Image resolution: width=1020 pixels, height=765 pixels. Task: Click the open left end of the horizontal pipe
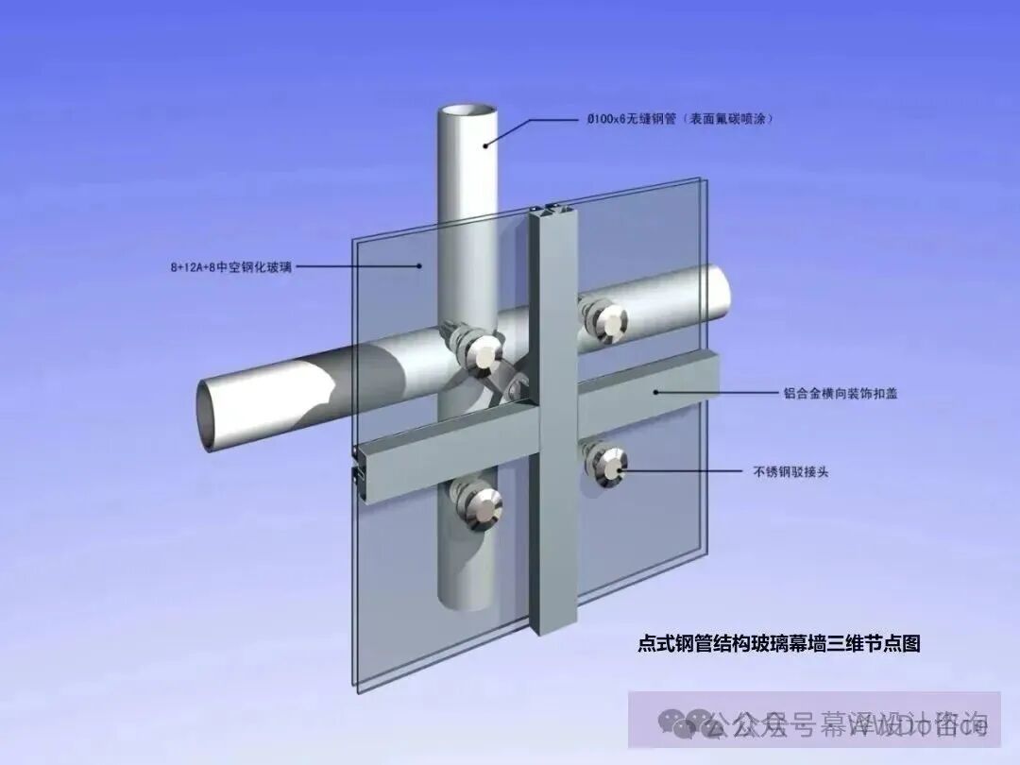point(205,416)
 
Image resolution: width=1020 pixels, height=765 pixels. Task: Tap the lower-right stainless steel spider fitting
point(605,463)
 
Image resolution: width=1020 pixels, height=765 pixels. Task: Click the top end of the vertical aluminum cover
point(554,210)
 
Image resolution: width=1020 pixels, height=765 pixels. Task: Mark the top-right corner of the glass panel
point(700,180)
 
